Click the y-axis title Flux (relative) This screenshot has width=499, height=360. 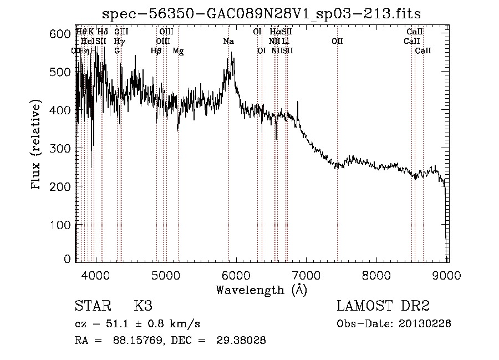37,145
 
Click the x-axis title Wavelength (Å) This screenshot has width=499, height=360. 261,290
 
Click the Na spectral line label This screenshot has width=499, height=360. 228,41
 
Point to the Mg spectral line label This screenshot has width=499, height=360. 178,50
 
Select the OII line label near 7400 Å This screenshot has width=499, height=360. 337,41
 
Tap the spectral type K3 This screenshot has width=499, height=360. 143,306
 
